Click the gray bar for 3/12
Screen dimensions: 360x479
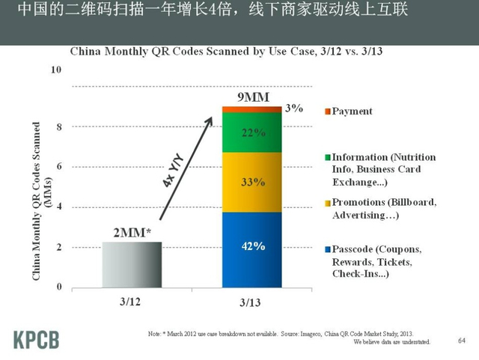[131, 263]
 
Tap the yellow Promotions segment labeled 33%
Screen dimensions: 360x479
[252, 182]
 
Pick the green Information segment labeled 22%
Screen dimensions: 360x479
[252, 132]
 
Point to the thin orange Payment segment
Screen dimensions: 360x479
[252, 109]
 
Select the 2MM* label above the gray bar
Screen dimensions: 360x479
[132, 232]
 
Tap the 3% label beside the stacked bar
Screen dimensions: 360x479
[294, 109]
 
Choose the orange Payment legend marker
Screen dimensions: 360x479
[326, 112]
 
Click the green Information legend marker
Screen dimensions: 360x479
[326, 158]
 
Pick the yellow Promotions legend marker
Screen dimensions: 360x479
[326, 202]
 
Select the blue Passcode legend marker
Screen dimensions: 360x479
[326, 248]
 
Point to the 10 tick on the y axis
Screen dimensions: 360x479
[55, 70]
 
